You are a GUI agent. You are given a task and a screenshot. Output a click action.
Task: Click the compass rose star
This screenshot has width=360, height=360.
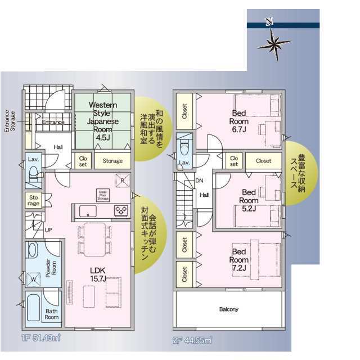[x=274, y=43]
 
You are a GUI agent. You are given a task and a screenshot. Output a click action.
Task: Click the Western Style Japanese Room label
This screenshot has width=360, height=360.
[x=102, y=120]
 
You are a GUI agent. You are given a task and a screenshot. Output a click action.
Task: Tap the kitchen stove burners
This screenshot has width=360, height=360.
[x=121, y=210]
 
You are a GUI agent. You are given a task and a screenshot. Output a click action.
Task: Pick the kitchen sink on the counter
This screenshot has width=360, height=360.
[x=88, y=211]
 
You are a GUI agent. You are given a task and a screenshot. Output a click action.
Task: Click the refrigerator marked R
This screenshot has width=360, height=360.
[x=121, y=179]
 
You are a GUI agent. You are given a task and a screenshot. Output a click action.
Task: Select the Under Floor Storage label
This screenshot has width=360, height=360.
[x=102, y=195]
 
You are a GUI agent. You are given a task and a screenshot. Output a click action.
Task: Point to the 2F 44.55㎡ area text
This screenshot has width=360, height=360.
[x=191, y=340]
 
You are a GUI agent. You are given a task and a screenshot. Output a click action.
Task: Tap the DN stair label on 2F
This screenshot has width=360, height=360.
[x=199, y=181]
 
